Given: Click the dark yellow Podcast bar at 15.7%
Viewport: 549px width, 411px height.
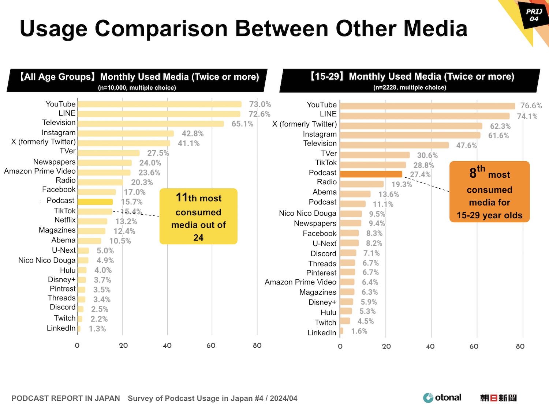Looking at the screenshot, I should [x=95, y=202].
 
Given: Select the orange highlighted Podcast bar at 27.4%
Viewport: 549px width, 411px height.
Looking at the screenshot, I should [x=371, y=174].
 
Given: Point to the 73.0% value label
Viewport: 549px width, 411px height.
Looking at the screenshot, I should [x=260, y=105].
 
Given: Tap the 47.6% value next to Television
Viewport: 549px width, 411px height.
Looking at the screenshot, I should [x=466, y=146].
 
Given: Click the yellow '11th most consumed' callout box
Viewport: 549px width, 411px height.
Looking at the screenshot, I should [x=198, y=216].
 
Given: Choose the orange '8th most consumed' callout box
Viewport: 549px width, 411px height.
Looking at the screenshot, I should [x=489, y=192].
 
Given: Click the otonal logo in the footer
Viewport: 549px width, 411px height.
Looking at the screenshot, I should [x=442, y=398].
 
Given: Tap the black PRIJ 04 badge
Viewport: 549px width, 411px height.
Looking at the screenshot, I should [x=534, y=15].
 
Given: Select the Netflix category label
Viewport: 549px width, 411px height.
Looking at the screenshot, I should [x=65, y=220].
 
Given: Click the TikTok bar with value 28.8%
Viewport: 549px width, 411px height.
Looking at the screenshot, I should [x=373, y=165].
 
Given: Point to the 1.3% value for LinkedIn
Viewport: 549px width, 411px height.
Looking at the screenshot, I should [x=97, y=329].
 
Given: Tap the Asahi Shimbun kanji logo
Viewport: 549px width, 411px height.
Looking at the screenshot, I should [x=498, y=398].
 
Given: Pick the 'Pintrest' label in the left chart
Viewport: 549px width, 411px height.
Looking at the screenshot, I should [x=62, y=289].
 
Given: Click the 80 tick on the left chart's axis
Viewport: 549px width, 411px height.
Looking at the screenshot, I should [x=257, y=346].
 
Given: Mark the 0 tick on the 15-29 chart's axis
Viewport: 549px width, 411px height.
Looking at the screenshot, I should [x=340, y=346].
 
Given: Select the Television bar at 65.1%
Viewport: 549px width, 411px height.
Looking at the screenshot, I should [x=150, y=124].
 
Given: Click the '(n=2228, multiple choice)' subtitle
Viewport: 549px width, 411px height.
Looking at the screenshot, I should [x=410, y=87].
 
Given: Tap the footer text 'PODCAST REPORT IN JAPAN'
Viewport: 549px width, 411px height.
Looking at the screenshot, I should [x=66, y=399].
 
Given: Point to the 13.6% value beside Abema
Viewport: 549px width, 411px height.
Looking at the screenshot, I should [x=388, y=195].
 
